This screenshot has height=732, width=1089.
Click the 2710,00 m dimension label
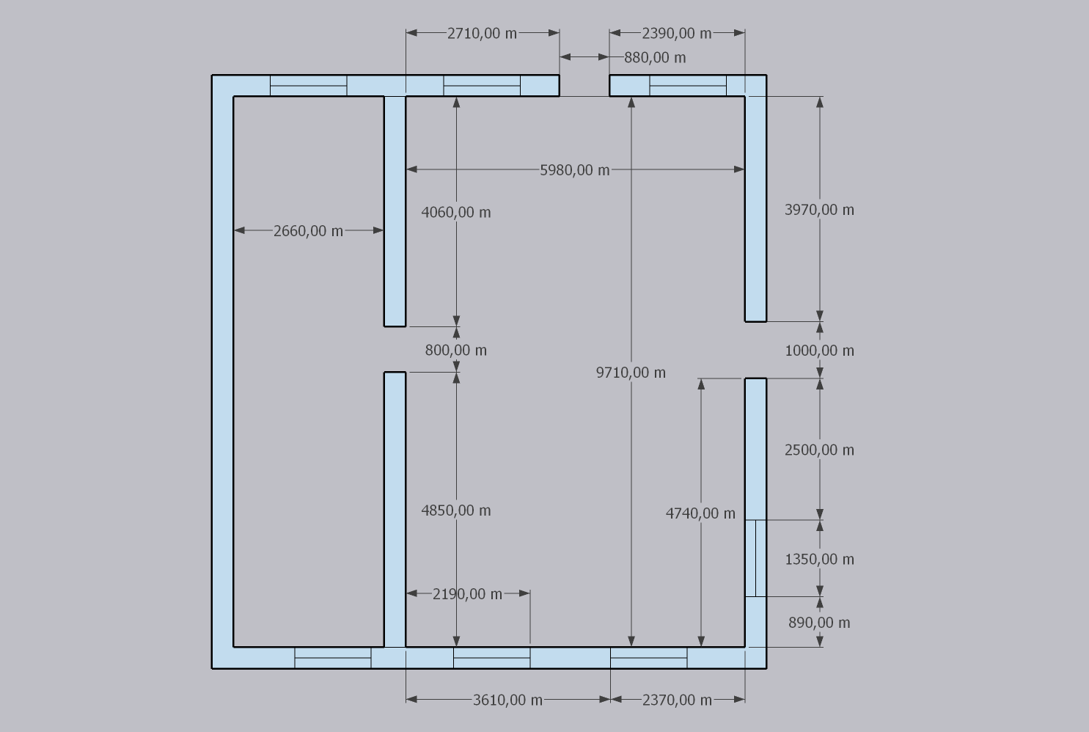482,34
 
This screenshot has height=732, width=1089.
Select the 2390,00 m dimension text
677,34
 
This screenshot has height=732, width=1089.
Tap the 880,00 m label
655,58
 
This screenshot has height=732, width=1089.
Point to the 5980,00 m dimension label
575,170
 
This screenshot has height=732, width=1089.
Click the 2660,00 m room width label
308,231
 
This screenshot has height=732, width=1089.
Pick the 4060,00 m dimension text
456,213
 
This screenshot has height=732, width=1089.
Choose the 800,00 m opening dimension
456,350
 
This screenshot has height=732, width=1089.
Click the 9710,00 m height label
631,373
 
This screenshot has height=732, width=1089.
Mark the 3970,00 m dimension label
819,210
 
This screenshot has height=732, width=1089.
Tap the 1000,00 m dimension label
819,351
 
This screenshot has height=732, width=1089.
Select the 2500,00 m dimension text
819,450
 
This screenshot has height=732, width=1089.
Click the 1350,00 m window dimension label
819,560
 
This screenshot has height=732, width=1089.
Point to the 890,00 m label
819,623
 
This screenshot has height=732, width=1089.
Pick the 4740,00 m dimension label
700,513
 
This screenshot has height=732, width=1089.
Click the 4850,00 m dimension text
456,510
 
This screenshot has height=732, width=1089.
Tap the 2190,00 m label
467,594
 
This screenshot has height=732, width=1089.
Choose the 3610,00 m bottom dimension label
507,700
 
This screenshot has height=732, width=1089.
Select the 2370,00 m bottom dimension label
677,700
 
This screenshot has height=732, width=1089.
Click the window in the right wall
756,558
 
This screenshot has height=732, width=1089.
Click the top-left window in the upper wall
308,86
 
